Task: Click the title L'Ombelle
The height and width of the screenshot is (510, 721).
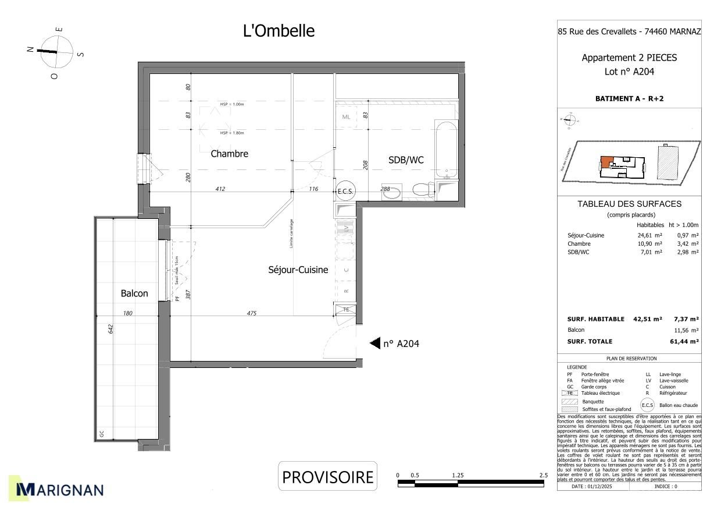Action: coord(279,31)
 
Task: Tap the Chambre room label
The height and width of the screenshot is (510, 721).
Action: coord(229,154)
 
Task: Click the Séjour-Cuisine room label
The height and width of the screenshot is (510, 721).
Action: coord(298,270)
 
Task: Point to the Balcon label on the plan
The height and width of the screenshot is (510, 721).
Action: coord(134,293)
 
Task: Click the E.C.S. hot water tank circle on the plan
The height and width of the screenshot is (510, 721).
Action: coord(345,192)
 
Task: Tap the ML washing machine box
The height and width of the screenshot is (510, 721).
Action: coord(347,116)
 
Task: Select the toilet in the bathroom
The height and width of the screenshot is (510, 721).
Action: coord(422,190)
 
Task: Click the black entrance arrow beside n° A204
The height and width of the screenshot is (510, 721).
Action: coord(375,343)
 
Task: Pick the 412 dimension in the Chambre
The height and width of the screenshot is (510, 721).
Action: coord(220,189)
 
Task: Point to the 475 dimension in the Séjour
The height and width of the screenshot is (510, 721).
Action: coord(251,313)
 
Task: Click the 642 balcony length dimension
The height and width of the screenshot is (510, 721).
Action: coord(110,329)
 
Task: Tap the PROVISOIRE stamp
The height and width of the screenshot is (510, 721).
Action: coord(327,477)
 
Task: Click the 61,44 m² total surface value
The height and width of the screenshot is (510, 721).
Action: coord(686,342)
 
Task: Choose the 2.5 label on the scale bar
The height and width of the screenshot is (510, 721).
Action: coord(543,475)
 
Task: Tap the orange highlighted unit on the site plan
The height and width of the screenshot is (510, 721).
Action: coord(606,161)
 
